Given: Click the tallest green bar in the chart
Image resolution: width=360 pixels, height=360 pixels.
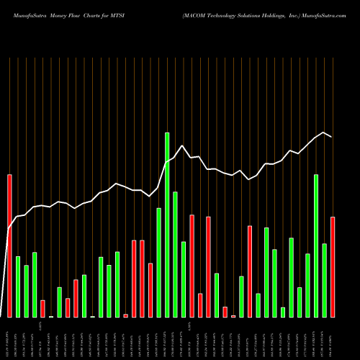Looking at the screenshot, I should pos(167,225).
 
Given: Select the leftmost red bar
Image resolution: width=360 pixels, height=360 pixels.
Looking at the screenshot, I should pos(9,245).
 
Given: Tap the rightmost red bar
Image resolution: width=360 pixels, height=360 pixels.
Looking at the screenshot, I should pos(333,266).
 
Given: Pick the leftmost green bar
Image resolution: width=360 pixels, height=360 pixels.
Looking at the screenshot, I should pos(18,287).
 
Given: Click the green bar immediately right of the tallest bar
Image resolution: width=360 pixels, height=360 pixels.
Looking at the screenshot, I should pos(175,254).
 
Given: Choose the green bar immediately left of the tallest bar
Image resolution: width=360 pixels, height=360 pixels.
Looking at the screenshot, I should pos(158,262).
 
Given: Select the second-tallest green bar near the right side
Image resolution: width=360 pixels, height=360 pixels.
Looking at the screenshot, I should pos(316,246).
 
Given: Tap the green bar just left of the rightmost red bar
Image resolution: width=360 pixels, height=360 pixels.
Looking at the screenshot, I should pos(325,280).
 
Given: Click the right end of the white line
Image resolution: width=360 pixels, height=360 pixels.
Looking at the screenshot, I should pos(332,137).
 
